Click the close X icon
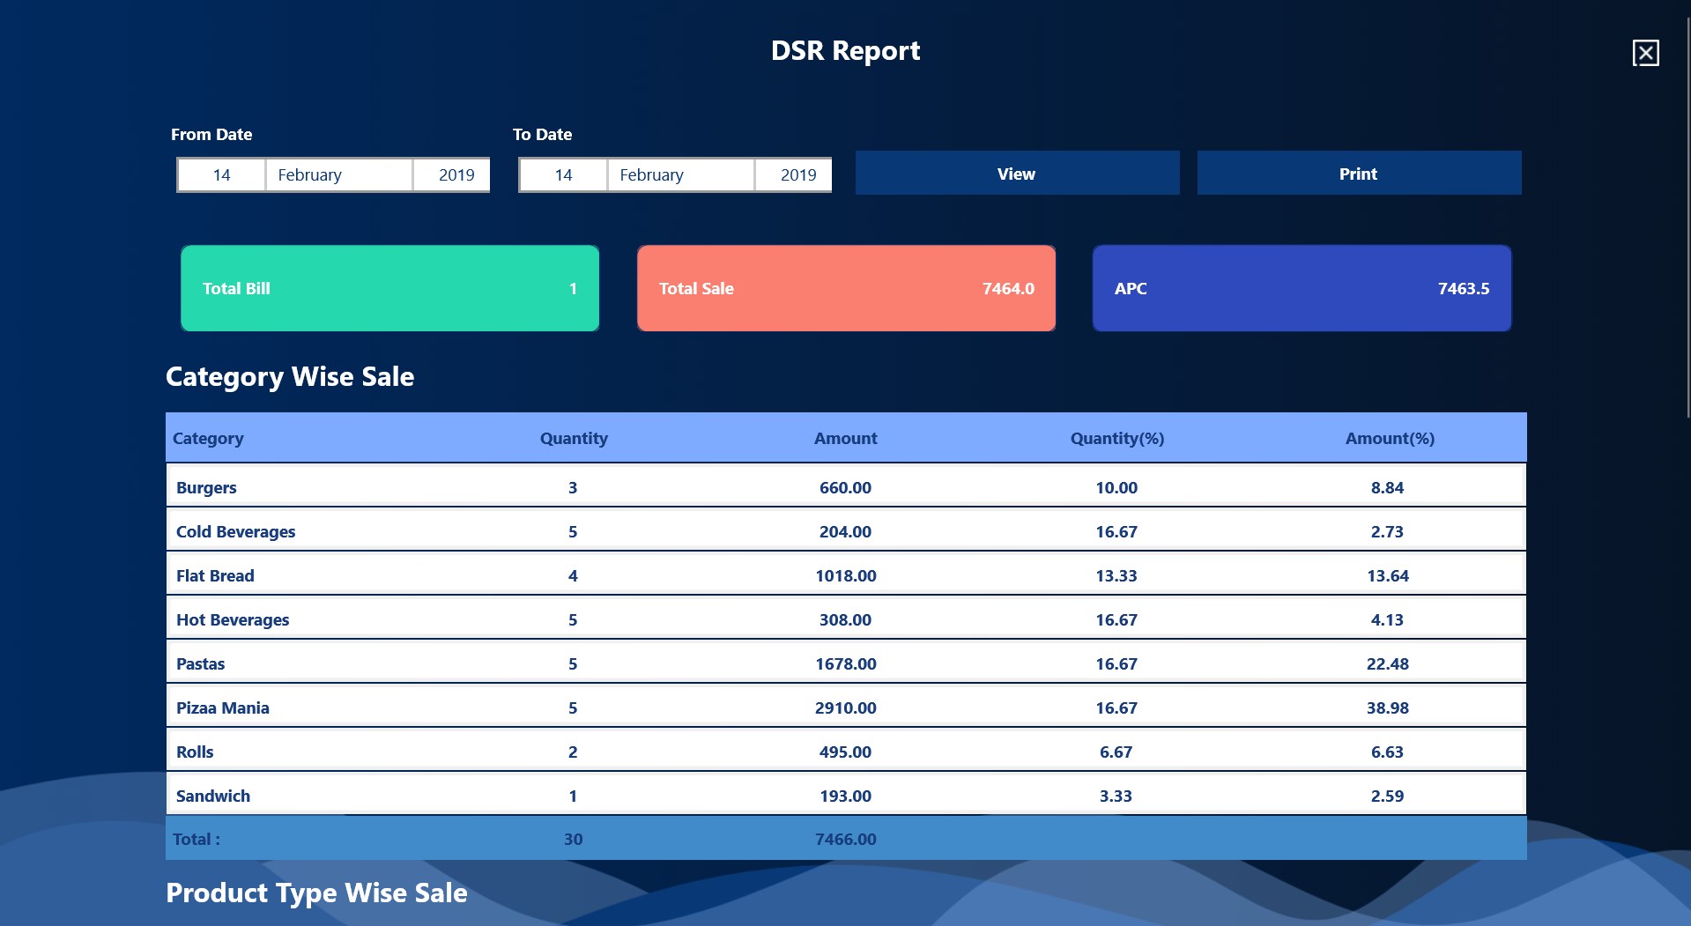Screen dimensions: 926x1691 (1645, 53)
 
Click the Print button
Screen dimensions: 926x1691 (1358, 174)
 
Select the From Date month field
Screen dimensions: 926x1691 (338, 175)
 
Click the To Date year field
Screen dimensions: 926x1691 (797, 175)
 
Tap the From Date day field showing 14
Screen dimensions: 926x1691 (221, 175)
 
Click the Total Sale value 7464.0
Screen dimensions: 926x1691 (1008, 289)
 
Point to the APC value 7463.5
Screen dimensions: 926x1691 (1463, 289)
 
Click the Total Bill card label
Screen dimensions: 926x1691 (236, 289)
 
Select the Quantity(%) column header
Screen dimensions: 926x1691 (1116, 439)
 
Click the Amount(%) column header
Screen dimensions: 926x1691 (1389, 439)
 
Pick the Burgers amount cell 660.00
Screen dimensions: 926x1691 (845, 488)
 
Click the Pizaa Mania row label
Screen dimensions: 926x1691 (223, 708)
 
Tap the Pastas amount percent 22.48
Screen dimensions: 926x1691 (1387, 664)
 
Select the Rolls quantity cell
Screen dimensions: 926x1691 (573, 752)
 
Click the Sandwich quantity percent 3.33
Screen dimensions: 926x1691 (1116, 796)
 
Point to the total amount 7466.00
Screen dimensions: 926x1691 (845, 840)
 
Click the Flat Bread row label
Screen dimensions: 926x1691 (215, 576)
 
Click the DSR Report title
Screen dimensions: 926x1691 (845, 51)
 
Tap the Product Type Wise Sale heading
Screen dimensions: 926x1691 (316, 893)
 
